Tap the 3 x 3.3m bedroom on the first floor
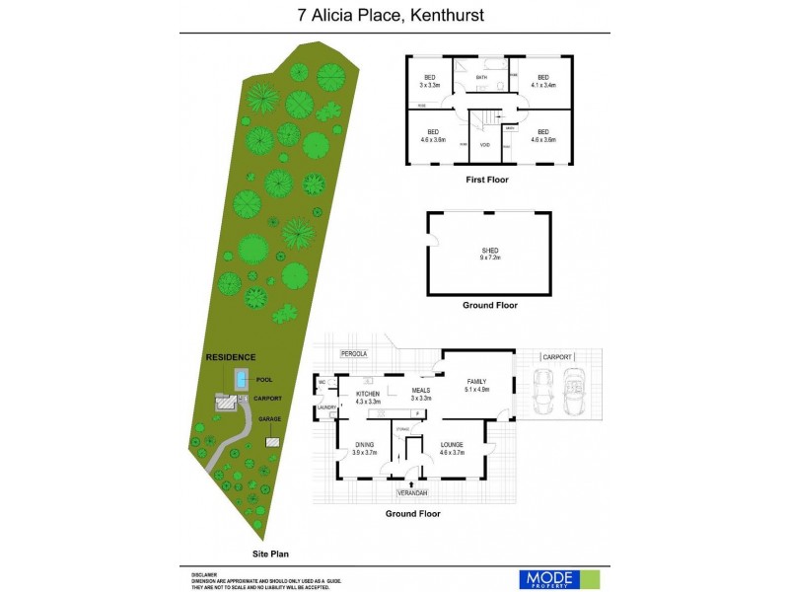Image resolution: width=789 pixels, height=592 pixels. click(430, 82)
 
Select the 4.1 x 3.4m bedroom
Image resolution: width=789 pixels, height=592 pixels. click(542, 82)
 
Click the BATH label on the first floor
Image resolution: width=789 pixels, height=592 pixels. click(481, 77)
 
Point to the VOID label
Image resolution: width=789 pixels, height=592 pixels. click(485, 145)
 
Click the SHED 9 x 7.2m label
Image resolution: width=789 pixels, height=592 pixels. click(490, 254)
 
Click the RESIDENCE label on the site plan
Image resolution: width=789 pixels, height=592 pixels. click(230, 357)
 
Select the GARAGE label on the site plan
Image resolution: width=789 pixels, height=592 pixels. click(269, 418)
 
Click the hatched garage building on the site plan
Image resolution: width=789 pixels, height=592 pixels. click(271, 442)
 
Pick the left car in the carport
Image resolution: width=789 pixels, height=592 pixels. click(542, 392)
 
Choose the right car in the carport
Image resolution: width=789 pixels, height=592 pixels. click(575, 392)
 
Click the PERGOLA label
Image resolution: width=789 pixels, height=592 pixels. click(353, 352)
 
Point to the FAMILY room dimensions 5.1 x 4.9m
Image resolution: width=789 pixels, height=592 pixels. click(477, 389)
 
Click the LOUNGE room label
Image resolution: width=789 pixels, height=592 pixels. click(453, 446)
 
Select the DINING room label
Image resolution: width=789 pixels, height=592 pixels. click(364, 446)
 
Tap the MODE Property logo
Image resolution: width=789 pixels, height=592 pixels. click(558, 579)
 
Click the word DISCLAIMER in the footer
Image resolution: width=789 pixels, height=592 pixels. click(204, 572)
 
